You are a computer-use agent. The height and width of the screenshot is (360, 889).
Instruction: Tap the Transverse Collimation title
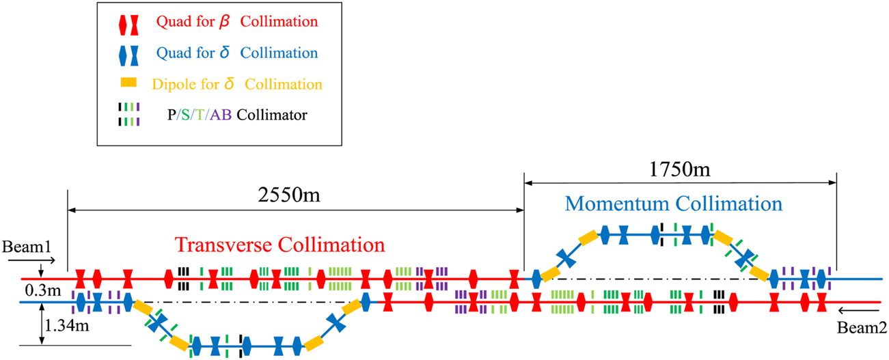[279, 244]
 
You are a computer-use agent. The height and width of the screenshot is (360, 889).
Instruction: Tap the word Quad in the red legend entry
[171, 23]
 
